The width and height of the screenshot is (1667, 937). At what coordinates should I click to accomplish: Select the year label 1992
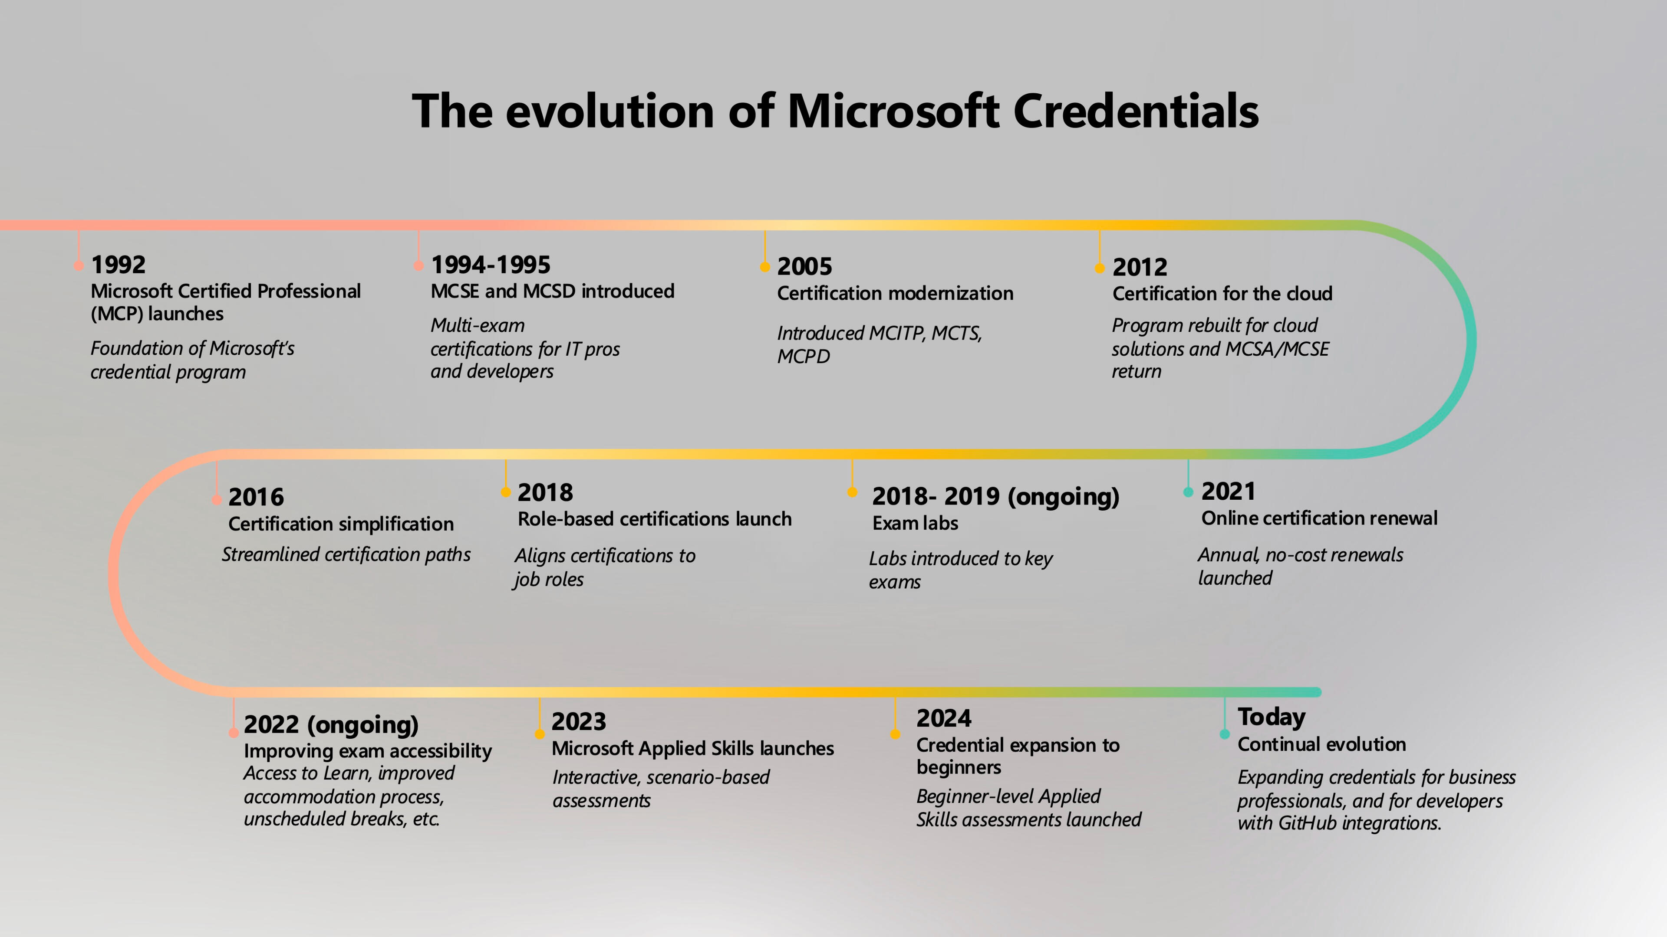tap(119, 265)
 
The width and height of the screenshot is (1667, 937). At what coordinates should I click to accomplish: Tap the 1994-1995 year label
tap(491, 265)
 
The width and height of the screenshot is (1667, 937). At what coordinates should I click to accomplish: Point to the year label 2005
tap(804, 266)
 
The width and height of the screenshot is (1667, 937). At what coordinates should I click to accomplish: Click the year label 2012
tap(1140, 267)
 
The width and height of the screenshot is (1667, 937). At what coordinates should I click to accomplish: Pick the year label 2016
tap(256, 497)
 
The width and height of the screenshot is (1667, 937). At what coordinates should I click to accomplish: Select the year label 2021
tap(1228, 491)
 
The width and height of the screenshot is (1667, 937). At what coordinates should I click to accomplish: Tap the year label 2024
tap(943, 718)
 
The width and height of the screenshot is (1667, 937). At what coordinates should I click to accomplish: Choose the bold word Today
tap(1272, 717)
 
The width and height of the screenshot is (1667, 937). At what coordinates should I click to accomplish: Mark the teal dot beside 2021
tap(1188, 492)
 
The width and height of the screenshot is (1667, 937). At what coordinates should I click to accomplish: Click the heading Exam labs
tap(915, 523)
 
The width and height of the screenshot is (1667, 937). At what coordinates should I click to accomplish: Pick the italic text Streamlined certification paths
tap(346, 555)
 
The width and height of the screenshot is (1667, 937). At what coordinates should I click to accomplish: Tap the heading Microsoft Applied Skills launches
tap(692, 749)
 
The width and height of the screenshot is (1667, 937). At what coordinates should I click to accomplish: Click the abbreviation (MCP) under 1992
tap(116, 314)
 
